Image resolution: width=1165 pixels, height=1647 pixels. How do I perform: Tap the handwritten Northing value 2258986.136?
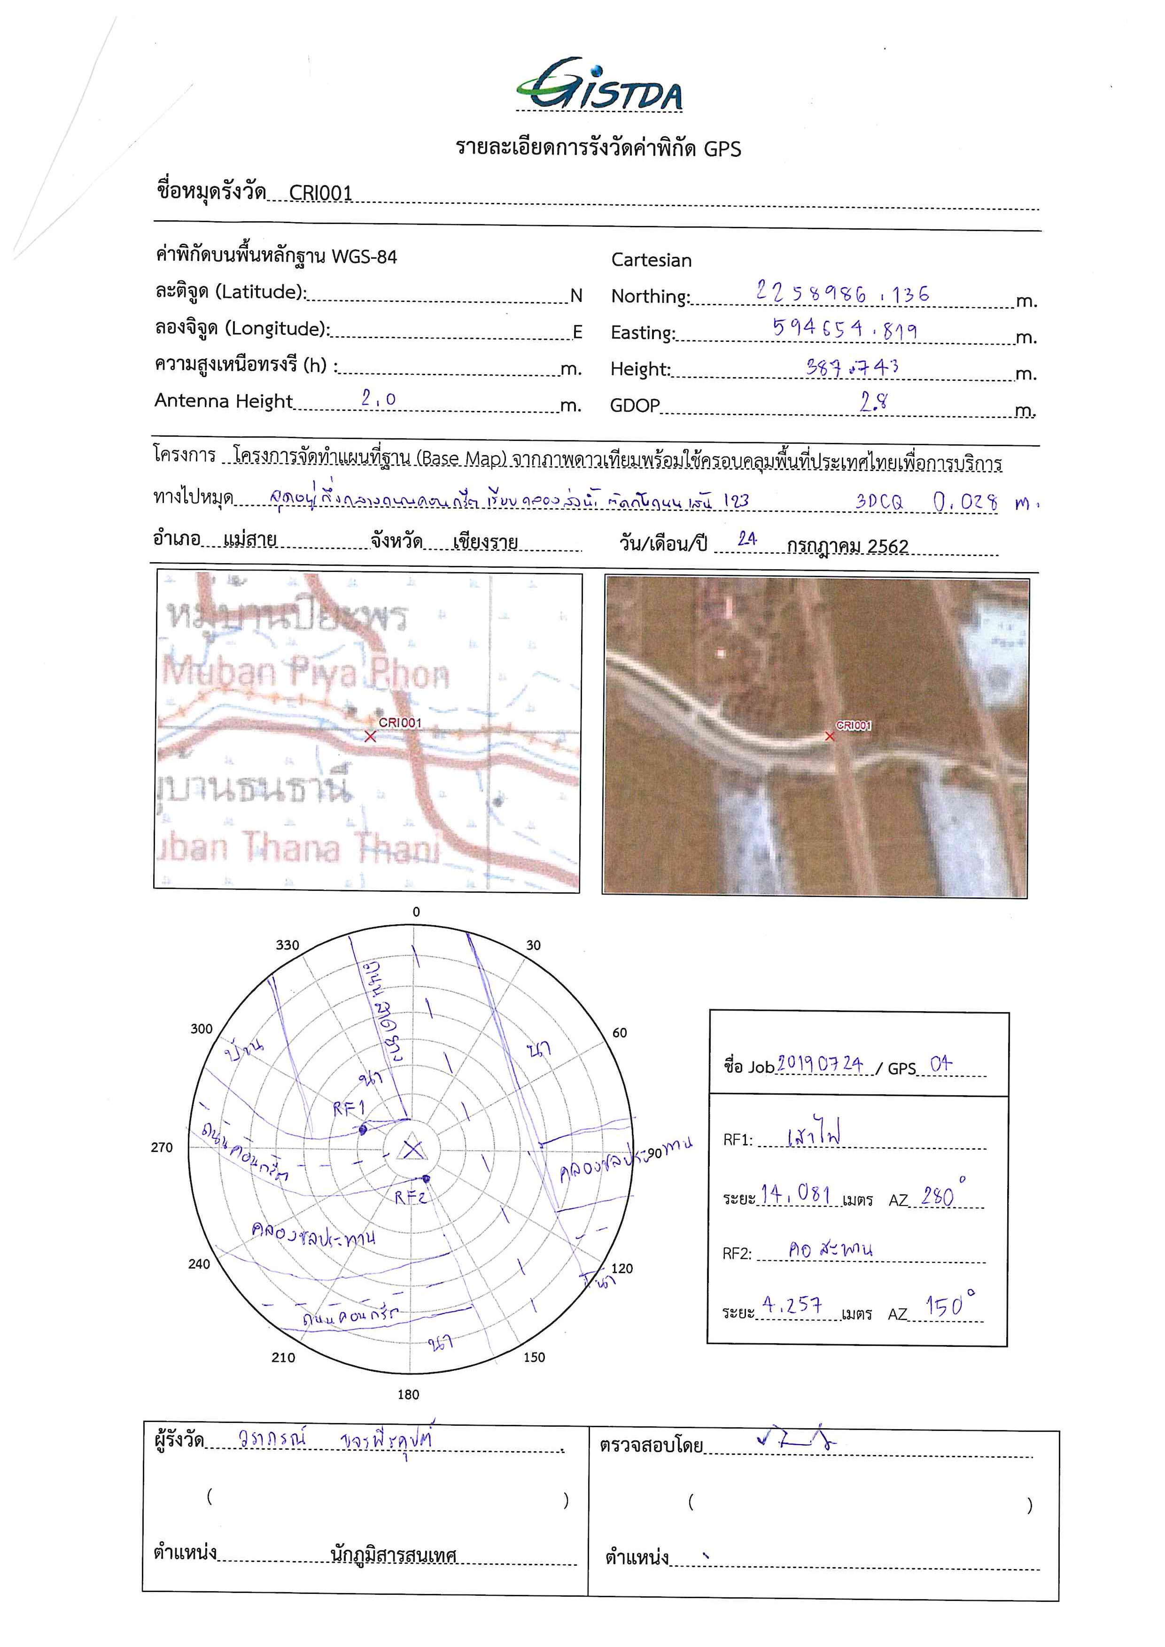[842, 292]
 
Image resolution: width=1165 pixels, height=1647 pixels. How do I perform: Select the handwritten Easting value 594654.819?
[844, 329]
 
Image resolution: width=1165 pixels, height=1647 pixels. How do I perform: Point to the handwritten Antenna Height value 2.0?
[378, 398]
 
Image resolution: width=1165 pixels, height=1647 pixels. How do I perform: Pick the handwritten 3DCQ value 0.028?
[965, 502]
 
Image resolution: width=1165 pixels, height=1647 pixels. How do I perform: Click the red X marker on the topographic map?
[370, 737]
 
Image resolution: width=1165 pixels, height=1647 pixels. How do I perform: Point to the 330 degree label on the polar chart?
[287, 945]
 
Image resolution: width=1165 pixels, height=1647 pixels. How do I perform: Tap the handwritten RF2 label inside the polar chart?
[411, 1197]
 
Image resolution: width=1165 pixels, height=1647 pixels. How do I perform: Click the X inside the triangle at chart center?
[412, 1149]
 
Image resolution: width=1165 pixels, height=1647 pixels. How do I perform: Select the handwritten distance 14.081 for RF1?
[796, 1194]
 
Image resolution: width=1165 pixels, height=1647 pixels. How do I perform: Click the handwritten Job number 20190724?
[820, 1063]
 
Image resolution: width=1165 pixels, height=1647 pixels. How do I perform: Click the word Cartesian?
[651, 260]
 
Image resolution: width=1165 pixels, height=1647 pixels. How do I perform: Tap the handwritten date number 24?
[747, 539]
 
